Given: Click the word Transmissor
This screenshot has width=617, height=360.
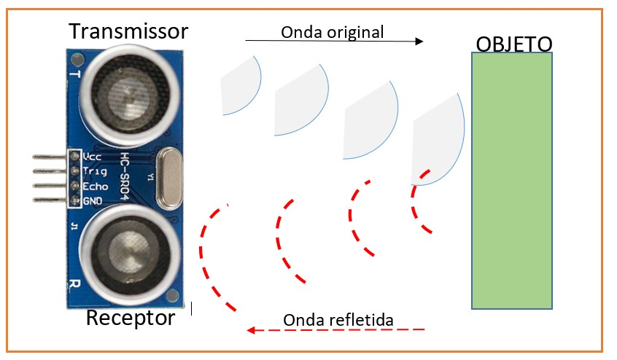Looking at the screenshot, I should click(x=128, y=31).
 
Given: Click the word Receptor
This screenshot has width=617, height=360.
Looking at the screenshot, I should click(x=131, y=318).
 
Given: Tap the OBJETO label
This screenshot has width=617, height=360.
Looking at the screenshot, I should click(x=513, y=44).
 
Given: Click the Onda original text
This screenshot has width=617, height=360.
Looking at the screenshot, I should click(x=332, y=31).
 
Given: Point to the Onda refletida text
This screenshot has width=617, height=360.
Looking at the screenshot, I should click(x=338, y=320).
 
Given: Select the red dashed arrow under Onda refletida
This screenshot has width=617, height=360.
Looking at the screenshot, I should click(x=335, y=330).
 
